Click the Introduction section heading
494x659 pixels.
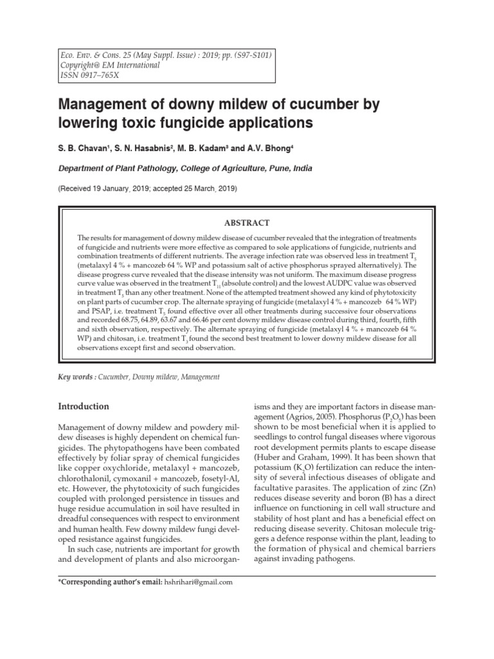pyautogui.click(x=84, y=407)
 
